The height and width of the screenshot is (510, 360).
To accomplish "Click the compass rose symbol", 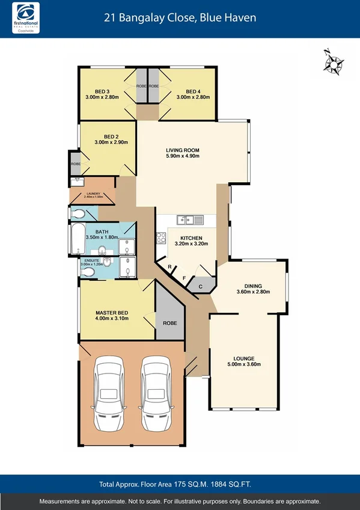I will (334, 63).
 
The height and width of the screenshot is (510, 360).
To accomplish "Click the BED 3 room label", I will (102, 92).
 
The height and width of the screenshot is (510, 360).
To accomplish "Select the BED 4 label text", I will (192, 92).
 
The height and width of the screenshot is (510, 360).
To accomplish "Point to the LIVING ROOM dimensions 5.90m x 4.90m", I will (183, 156).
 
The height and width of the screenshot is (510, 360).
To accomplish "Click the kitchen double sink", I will (191, 220).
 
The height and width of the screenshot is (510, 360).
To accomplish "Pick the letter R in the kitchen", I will (170, 266).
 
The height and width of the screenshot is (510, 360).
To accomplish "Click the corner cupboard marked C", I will (201, 286).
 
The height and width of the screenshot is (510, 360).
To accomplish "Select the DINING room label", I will (252, 286).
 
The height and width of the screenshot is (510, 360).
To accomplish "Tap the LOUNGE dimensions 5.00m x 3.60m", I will (243, 364).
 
